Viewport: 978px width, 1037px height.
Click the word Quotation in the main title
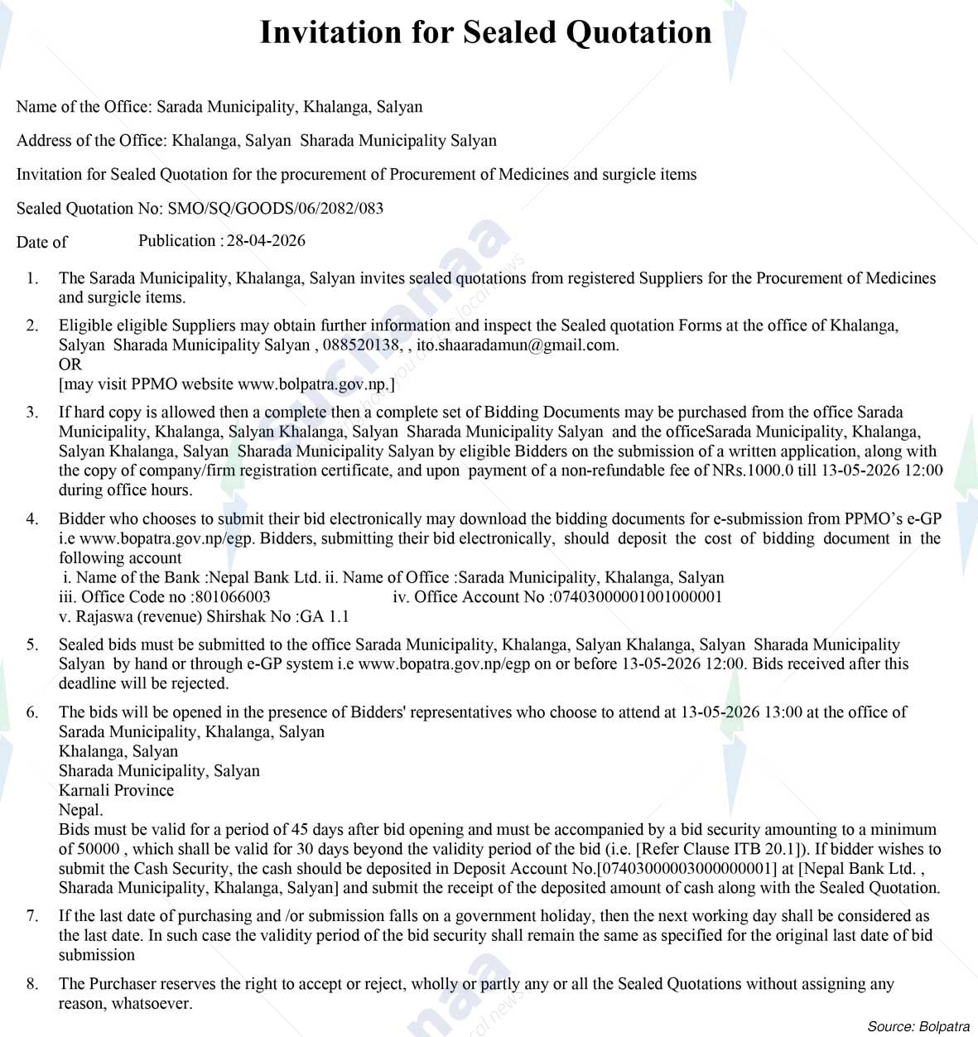coord(638,32)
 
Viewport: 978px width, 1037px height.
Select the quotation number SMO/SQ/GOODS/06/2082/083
coord(275,208)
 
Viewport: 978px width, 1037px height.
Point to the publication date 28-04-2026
coord(266,241)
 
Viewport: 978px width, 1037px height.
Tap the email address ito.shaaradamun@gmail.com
coord(517,345)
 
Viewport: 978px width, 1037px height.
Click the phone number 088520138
coord(361,345)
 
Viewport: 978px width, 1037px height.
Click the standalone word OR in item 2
coord(70,364)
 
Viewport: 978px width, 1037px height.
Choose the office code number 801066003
coord(233,597)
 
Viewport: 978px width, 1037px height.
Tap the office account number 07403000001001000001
coord(638,597)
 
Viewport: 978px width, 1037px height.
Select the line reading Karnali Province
coord(116,790)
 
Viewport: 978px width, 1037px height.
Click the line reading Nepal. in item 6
coord(80,810)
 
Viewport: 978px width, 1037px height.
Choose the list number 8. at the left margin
coord(32,984)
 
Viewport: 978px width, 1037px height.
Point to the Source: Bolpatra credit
coord(918,1026)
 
